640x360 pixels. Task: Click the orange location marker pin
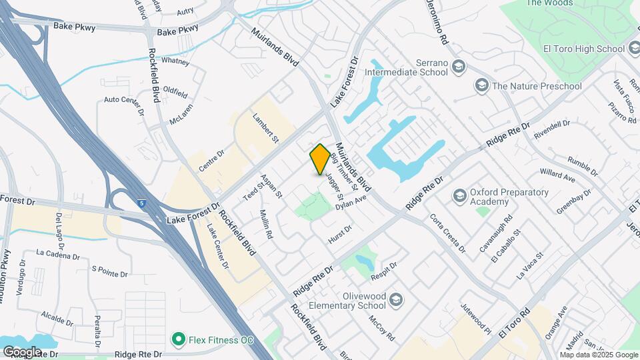pos(320,159)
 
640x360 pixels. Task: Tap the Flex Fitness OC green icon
pos(178,340)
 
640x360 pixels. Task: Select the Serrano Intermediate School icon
pos(458,66)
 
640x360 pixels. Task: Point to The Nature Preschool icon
pos(481,85)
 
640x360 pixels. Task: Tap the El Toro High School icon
pos(635,49)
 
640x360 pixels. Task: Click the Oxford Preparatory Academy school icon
pos(459,196)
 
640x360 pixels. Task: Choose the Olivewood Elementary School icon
pos(397,300)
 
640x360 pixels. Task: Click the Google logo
pos(21,351)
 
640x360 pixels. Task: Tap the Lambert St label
pos(265,126)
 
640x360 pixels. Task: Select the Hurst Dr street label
pos(340,233)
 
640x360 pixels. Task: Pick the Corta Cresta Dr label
pos(447,233)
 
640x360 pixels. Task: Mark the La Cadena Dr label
pos(58,253)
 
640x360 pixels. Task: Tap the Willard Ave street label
pos(557,175)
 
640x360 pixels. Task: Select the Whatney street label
pos(176,61)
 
